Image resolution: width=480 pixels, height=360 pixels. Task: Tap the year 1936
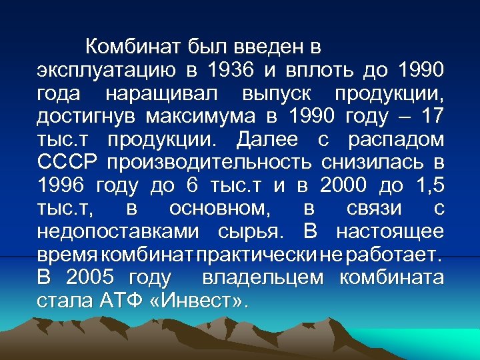(229, 70)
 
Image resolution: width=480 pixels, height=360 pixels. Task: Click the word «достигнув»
(85, 117)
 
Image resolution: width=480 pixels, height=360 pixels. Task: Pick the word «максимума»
(201, 117)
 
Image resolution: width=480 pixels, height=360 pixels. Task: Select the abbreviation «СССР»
(67, 163)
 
